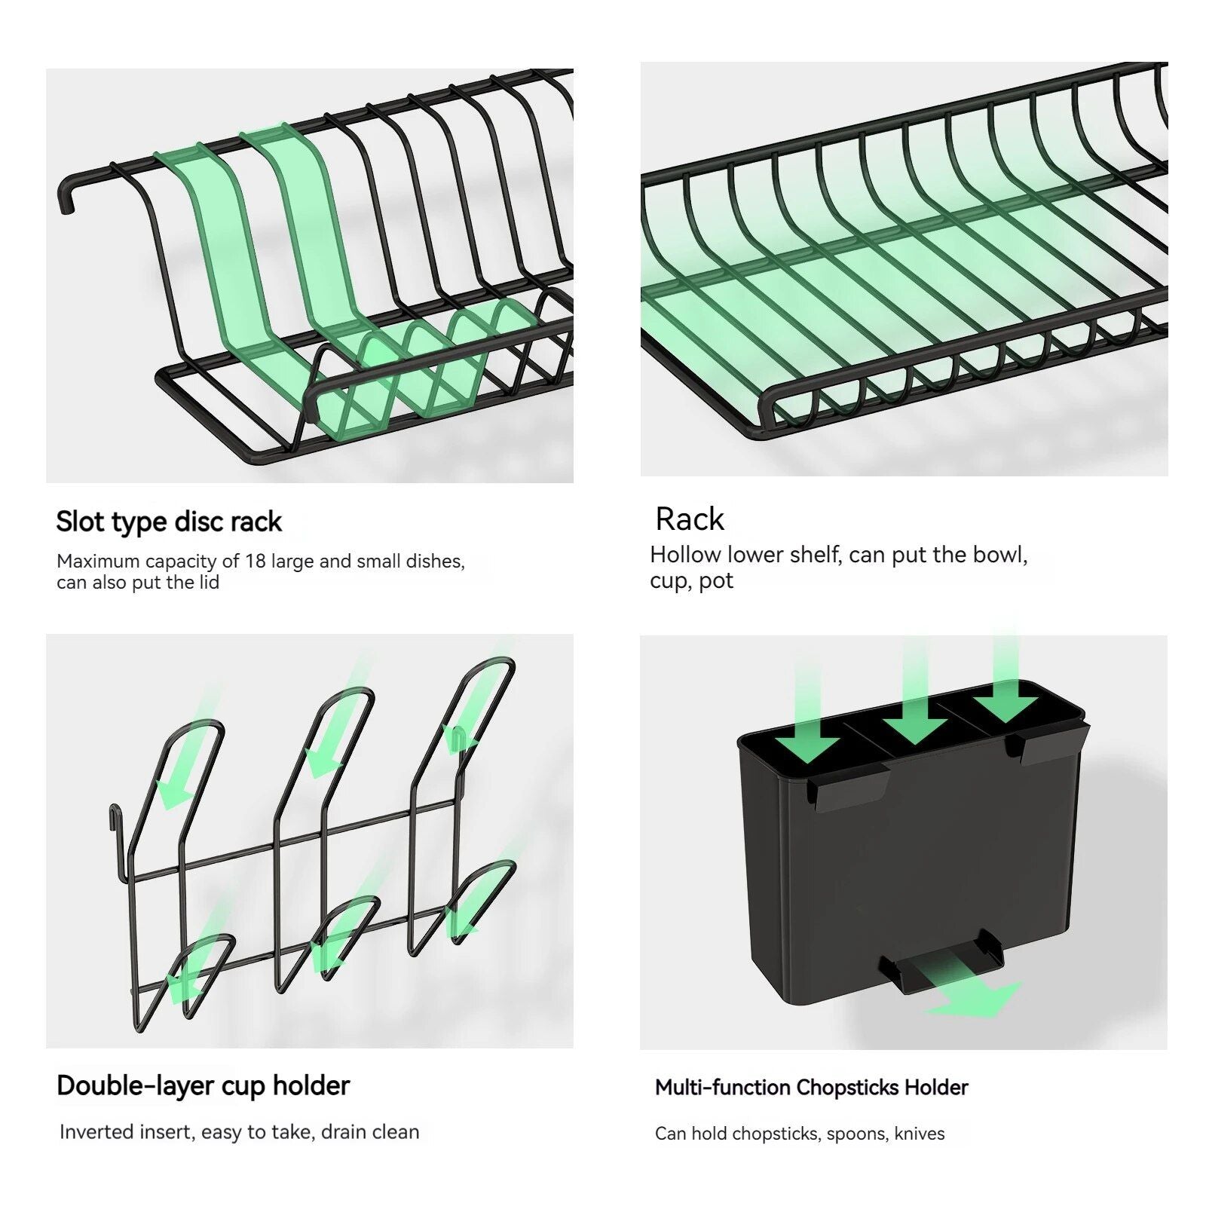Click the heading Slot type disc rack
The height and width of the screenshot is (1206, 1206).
(169, 522)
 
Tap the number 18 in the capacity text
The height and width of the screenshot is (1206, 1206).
(255, 562)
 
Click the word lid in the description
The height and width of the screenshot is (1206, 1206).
(208, 583)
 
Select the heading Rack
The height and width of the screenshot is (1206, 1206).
(689, 519)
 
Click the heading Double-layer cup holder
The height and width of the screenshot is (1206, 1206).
(203, 1085)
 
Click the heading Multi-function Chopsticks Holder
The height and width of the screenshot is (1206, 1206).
(811, 1088)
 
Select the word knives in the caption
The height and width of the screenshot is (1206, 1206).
(920, 1134)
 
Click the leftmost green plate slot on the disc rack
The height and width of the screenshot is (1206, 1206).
(219, 249)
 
